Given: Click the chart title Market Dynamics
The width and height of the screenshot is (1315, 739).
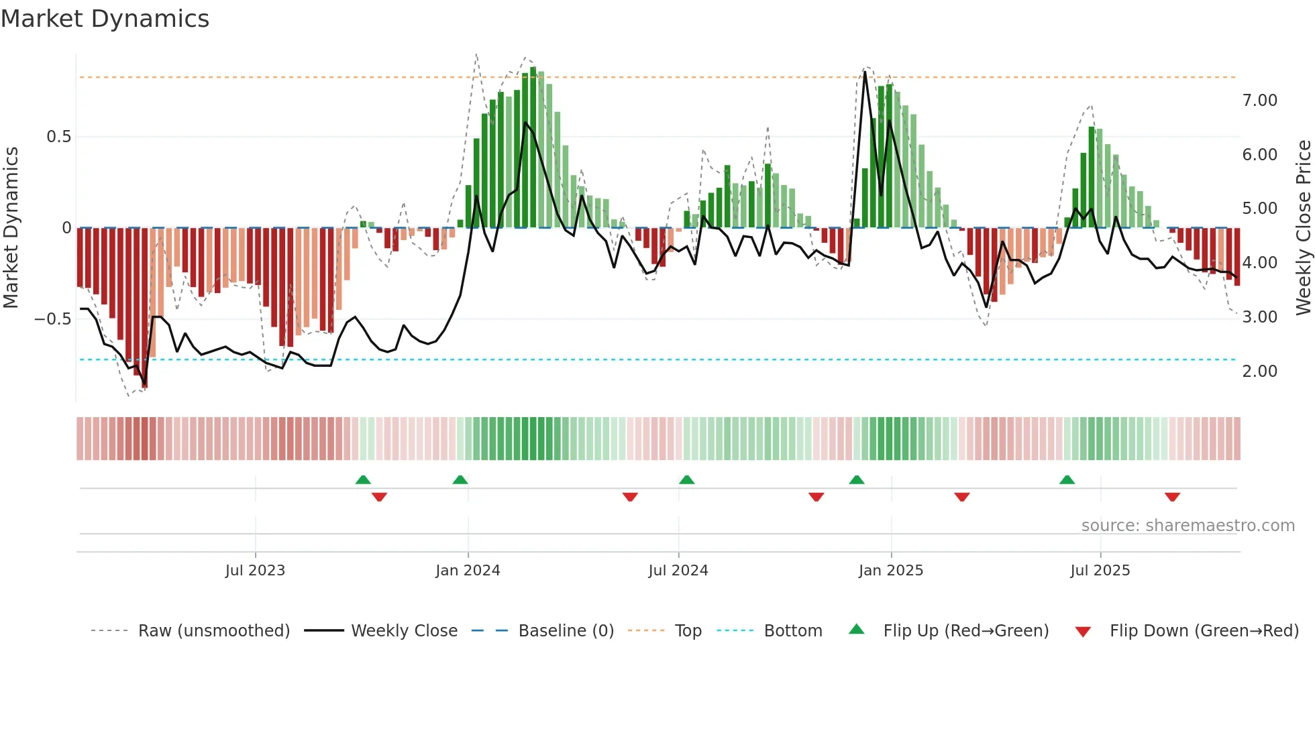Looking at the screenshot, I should (105, 19).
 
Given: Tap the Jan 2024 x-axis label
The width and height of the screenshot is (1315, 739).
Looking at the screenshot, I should (468, 571).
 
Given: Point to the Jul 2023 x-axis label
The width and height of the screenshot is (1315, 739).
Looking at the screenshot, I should (255, 571).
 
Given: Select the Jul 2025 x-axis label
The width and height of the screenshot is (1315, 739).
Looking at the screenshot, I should (1100, 571).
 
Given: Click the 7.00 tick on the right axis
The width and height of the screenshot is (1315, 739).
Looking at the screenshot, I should (1259, 101).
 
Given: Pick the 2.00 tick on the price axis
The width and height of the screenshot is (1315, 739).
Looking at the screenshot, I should (1259, 372).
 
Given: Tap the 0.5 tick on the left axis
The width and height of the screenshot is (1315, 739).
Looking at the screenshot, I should (58, 137).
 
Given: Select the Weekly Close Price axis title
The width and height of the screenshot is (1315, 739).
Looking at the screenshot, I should (1303, 228).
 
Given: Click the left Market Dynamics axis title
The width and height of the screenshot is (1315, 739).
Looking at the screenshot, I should (11, 228).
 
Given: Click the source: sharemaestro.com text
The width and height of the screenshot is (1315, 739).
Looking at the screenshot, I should (1188, 526).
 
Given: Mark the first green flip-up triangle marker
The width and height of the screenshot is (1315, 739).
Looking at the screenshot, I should (363, 479).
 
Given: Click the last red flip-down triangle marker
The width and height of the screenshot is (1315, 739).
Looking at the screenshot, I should (1172, 497).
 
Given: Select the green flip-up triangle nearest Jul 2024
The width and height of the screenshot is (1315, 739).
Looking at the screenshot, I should (686, 479).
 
